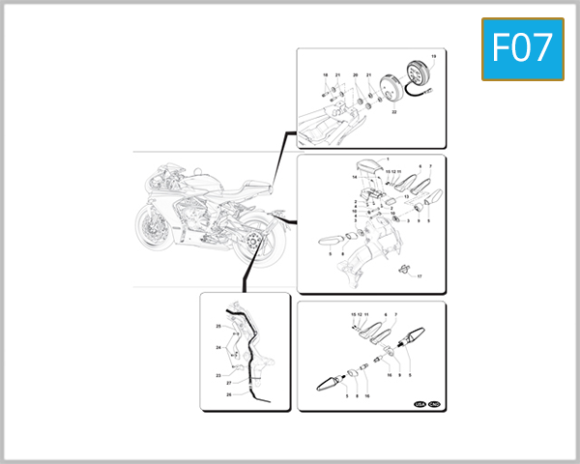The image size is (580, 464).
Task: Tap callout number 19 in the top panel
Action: pyautogui.click(x=432, y=58)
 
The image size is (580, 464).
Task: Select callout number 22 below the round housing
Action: pyautogui.click(x=394, y=113)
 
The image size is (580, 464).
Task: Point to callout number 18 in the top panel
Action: pyautogui.click(x=326, y=74)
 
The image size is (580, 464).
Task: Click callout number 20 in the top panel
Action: pyautogui.click(x=355, y=74)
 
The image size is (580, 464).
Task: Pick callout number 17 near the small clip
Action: pyautogui.click(x=420, y=276)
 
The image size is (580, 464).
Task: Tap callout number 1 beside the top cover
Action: pyautogui.click(x=388, y=158)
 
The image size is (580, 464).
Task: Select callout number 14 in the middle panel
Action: pyautogui.click(x=355, y=178)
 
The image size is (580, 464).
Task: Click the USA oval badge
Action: pyautogui.click(x=420, y=404)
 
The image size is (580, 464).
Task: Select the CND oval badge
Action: pyautogui.click(x=434, y=404)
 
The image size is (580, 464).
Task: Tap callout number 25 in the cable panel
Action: pyautogui.click(x=218, y=326)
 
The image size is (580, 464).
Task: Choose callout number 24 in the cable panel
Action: pyautogui.click(x=218, y=347)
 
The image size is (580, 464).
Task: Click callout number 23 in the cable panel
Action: pyautogui.click(x=218, y=375)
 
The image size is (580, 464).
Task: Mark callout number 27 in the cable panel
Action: pyautogui.click(x=229, y=384)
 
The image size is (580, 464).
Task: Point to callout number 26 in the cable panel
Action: pyautogui.click(x=229, y=394)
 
